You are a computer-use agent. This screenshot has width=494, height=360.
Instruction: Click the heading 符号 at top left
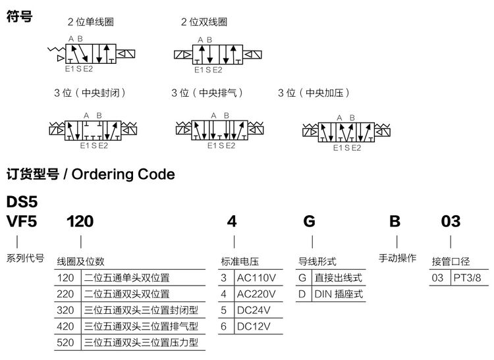click(x=19, y=16)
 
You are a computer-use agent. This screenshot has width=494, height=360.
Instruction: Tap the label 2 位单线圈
click(x=90, y=22)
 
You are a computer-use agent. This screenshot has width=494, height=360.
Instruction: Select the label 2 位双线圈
click(x=204, y=22)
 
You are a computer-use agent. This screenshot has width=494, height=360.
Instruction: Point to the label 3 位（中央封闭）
click(x=90, y=93)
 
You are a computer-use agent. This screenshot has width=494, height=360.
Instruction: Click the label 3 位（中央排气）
click(x=207, y=93)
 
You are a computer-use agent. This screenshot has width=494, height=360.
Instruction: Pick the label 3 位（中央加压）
click(x=314, y=93)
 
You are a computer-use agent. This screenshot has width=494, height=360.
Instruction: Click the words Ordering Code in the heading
click(x=123, y=174)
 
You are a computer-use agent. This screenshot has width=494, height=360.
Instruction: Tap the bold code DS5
click(x=22, y=201)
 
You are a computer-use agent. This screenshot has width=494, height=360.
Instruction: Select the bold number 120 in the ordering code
click(x=80, y=221)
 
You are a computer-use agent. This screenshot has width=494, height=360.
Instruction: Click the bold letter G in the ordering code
click(x=309, y=221)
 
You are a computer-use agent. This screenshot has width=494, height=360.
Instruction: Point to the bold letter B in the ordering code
click(x=395, y=221)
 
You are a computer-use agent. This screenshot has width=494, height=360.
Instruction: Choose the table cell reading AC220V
click(x=256, y=294)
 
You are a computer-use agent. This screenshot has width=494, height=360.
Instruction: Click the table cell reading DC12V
click(x=254, y=326)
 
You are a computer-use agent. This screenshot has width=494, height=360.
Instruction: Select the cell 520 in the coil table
click(x=65, y=342)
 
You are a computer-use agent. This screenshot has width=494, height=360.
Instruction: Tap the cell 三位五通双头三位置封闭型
click(x=141, y=310)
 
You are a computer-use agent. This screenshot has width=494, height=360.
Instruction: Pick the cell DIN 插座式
click(x=339, y=294)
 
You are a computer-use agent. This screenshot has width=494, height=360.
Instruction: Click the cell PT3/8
click(x=467, y=278)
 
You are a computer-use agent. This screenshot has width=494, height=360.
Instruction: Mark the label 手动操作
click(x=397, y=258)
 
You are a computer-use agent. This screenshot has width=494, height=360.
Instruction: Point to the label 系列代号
click(x=25, y=258)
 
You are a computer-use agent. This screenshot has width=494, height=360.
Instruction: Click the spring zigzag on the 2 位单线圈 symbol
click(x=56, y=49)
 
